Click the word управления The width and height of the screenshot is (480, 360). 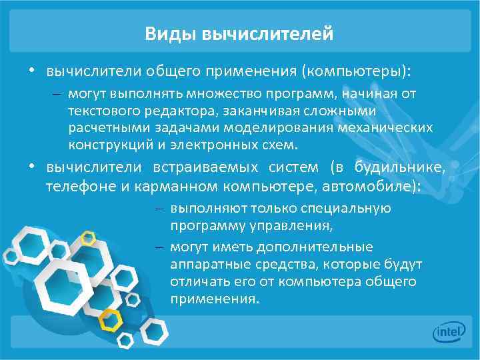click(291, 225)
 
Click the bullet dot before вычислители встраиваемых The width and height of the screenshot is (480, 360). click(31, 166)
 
